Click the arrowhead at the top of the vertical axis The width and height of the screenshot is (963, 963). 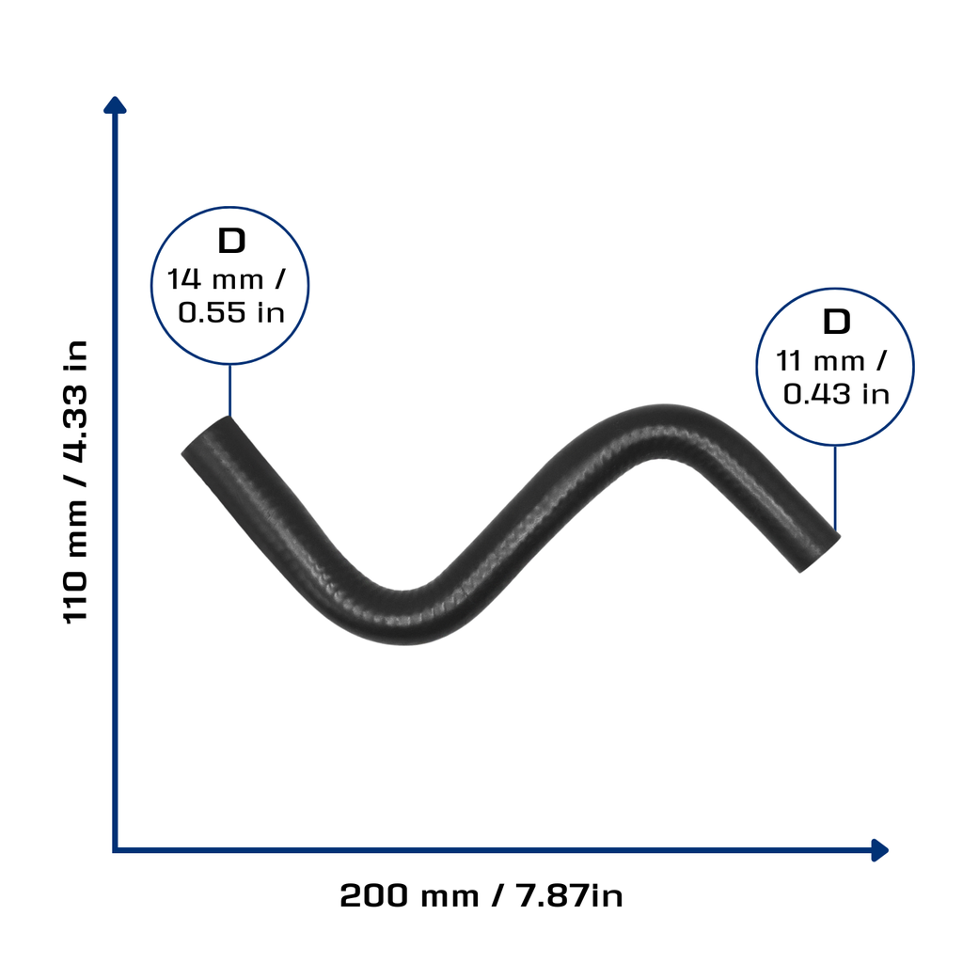tap(115, 105)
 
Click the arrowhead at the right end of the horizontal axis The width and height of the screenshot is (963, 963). tap(879, 850)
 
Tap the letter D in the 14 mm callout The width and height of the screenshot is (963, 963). tap(231, 241)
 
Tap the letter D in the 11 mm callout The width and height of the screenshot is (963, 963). tap(836, 322)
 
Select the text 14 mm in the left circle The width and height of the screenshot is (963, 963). tap(215, 278)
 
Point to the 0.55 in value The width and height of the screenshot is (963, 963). tap(231, 312)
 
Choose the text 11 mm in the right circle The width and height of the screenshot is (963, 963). tap(820, 360)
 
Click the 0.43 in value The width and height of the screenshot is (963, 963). tap(836, 394)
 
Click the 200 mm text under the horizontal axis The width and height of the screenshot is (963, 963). tap(409, 895)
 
